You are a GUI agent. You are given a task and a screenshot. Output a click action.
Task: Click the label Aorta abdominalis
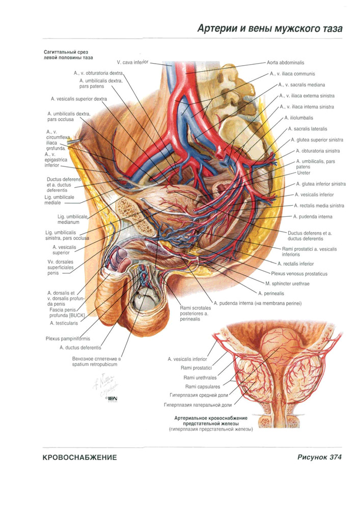pos(285,63)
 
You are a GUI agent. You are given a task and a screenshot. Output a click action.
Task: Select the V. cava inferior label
pos(132,62)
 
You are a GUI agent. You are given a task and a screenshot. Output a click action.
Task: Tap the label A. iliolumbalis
pos(299,118)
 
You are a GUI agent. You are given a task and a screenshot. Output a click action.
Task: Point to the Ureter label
pos(303,173)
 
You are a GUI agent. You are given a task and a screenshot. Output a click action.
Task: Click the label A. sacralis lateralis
pos(308,129)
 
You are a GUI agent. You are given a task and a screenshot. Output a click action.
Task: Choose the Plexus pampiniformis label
pos(68,338)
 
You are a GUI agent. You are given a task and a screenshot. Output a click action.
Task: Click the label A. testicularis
pos(64,323)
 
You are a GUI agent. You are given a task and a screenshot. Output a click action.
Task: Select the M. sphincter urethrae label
pos(287,284)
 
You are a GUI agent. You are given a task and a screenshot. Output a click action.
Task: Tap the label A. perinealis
pos(271,294)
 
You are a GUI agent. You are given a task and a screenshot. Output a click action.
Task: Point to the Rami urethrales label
pos(200,378)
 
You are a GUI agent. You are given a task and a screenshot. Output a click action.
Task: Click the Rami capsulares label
pos(203,387)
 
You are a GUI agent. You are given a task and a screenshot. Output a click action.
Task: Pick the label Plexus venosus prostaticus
pos(299,274)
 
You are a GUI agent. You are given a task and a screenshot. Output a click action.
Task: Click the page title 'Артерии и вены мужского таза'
pos(270,29)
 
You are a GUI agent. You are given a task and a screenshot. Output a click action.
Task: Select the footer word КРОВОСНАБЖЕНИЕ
pos(79,458)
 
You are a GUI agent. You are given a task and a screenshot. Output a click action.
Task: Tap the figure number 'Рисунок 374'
pos(319,457)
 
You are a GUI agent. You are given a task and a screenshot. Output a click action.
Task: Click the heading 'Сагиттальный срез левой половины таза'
pos(68,55)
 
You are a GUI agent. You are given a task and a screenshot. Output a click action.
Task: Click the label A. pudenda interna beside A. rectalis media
pos(313,216)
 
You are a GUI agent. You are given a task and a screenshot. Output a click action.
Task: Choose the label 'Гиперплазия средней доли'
pos(199,395)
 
